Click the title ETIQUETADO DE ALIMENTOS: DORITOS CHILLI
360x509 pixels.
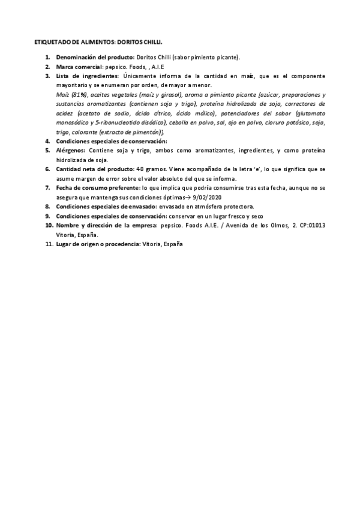(98, 43)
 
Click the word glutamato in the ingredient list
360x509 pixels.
(311, 113)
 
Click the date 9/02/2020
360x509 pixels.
(221, 197)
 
